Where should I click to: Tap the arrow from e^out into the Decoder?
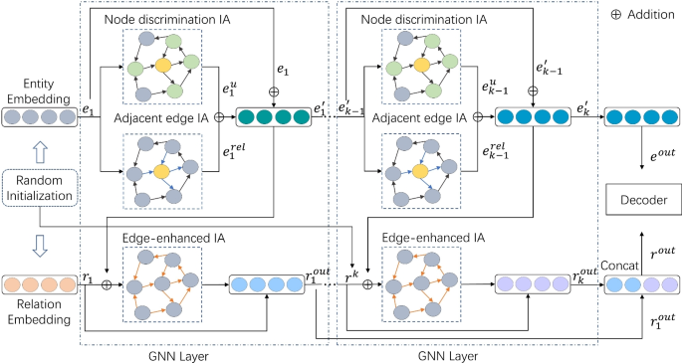click(x=637, y=148)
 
